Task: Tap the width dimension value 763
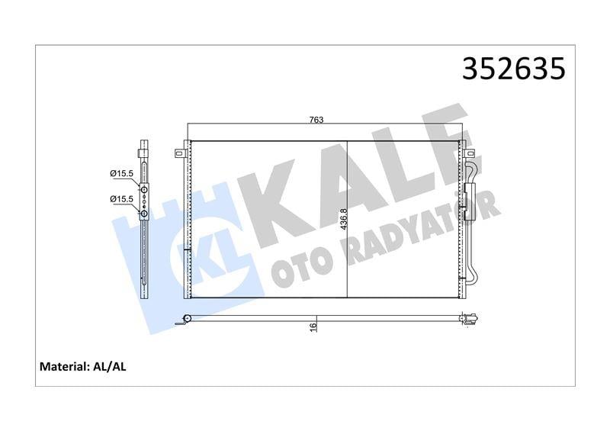pos(316,119)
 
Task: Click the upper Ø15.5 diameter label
pos(121,174)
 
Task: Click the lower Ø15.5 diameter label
pos(121,199)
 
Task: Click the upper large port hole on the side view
pos(143,188)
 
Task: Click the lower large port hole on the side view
pos(143,214)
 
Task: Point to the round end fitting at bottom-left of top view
pos(186,319)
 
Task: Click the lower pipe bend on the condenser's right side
pos(474,271)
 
